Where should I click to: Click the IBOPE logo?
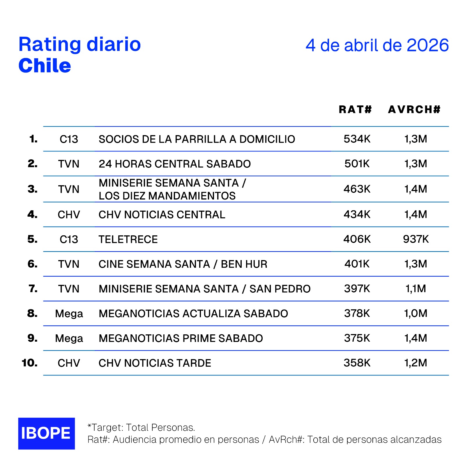[46, 433]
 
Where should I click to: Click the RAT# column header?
[355, 110]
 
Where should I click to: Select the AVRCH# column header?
[414, 110]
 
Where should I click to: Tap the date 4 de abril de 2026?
[377, 45]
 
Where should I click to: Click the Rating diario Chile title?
[79, 55]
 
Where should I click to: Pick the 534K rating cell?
[357, 139]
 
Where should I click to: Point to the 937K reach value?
[416, 239]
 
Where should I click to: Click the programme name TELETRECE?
[128, 239]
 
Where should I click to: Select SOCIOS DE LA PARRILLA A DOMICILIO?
[197, 139]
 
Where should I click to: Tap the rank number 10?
[30, 363]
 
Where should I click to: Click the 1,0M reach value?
[416, 313]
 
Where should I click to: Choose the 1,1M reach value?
[416, 289]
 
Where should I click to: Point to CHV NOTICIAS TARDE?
[155, 363]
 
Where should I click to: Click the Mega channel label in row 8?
[69, 314]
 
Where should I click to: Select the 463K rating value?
[357, 189]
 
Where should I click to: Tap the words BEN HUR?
[244, 264]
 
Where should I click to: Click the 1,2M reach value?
[416, 363]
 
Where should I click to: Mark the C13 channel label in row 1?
[69, 139]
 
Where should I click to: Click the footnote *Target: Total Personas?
[141, 428]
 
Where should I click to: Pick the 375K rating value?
[357, 338]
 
